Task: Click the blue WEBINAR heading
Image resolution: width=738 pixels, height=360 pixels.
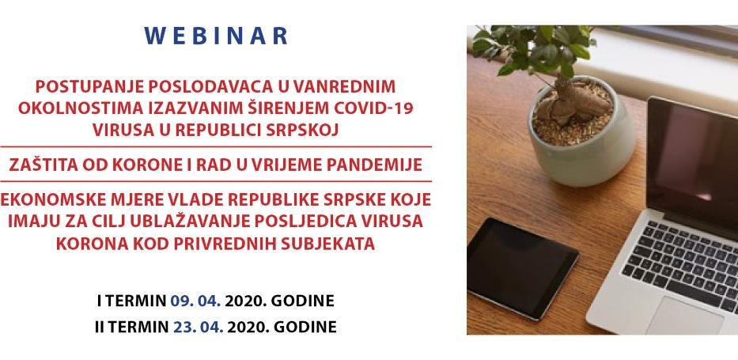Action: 217,36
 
